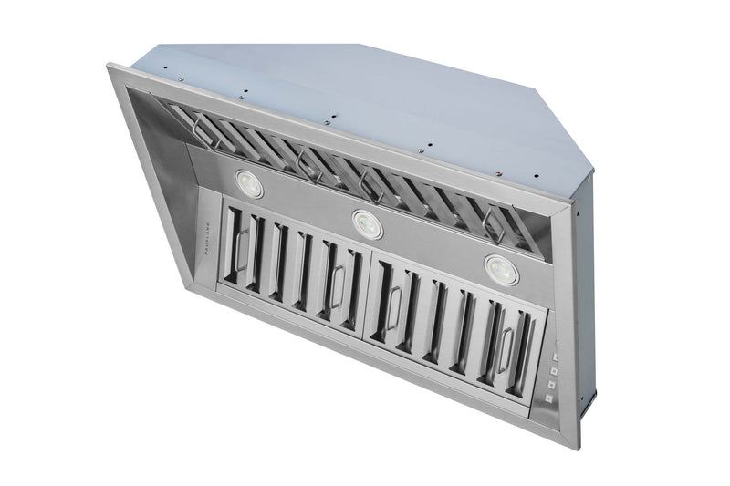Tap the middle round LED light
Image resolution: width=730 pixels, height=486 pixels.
click(367, 223)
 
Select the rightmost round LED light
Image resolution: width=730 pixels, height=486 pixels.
click(499, 268)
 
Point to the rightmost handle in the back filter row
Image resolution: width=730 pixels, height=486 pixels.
click(494, 222)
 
